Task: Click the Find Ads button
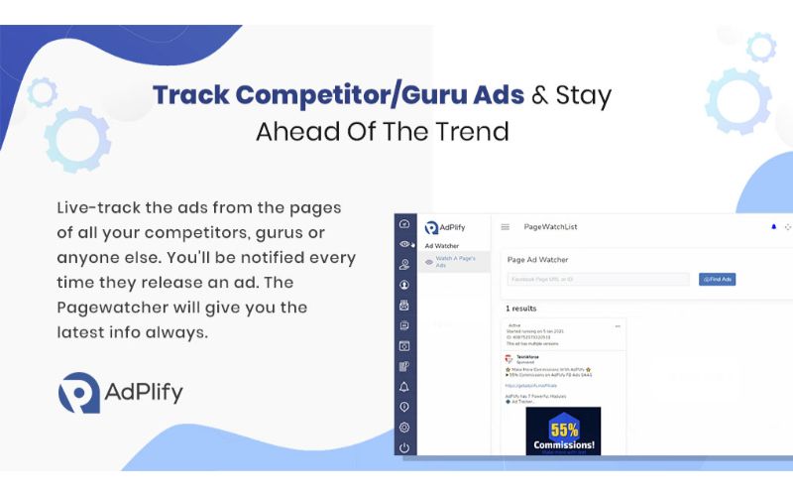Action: click(x=717, y=280)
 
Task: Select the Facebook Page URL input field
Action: click(x=597, y=280)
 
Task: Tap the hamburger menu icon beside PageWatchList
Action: click(x=506, y=227)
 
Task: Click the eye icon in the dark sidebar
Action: click(x=404, y=244)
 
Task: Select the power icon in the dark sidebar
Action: click(x=404, y=447)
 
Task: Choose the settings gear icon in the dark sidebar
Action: click(x=404, y=428)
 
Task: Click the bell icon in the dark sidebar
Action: click(x=404, y=387)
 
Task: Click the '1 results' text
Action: click(x=520, y=309)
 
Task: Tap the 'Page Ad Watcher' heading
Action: click(x=537, y=260)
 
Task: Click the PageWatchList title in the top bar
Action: click(x=550, y=227)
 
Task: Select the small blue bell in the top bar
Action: click(x=773, y=227)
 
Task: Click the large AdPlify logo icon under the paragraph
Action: click(x=78, y=393)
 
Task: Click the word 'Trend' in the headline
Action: click(x=474, y=131)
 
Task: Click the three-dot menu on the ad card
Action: click(x=617, y=325)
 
